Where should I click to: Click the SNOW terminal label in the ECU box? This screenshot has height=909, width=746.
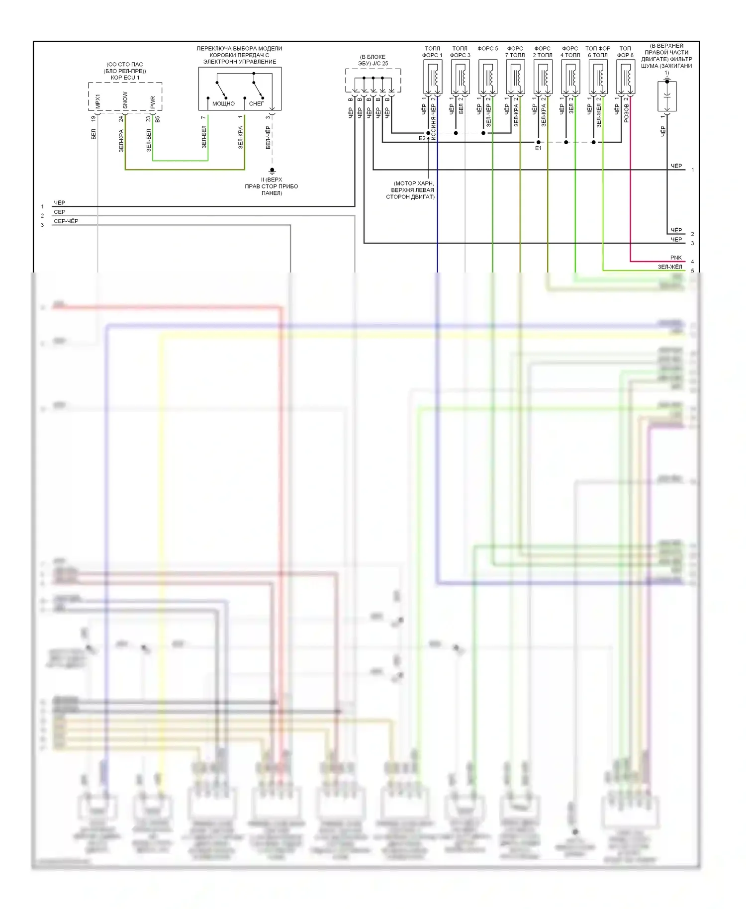click(125, 100)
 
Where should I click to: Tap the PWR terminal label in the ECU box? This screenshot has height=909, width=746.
click(153, 102)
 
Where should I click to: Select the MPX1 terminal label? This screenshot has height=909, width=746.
click(97, 101)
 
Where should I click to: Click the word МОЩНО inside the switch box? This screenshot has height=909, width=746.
click(223, 104)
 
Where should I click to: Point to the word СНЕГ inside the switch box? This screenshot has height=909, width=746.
click(256, 104)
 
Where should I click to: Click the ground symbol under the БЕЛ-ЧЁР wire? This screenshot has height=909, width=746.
click(272, 171)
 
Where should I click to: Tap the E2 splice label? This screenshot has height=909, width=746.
click(422, 138)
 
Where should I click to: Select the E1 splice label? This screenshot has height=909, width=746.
click(538, 148)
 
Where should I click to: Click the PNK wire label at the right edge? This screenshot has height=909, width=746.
click(676, 258)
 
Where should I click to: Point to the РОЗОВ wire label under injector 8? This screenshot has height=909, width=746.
click(626, 113)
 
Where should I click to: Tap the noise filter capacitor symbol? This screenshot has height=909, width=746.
click(667, 95)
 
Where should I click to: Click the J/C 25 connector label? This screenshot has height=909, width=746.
click(373, 64)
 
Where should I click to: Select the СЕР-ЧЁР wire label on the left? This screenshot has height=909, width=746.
click(66, 221)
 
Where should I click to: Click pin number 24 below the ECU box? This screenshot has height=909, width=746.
click(121, 119)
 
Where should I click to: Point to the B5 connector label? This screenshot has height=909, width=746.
click(158, 119)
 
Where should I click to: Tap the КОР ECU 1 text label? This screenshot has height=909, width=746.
click(125, 78)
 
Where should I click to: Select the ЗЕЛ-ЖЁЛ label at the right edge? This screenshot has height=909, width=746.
click(670, 267)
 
